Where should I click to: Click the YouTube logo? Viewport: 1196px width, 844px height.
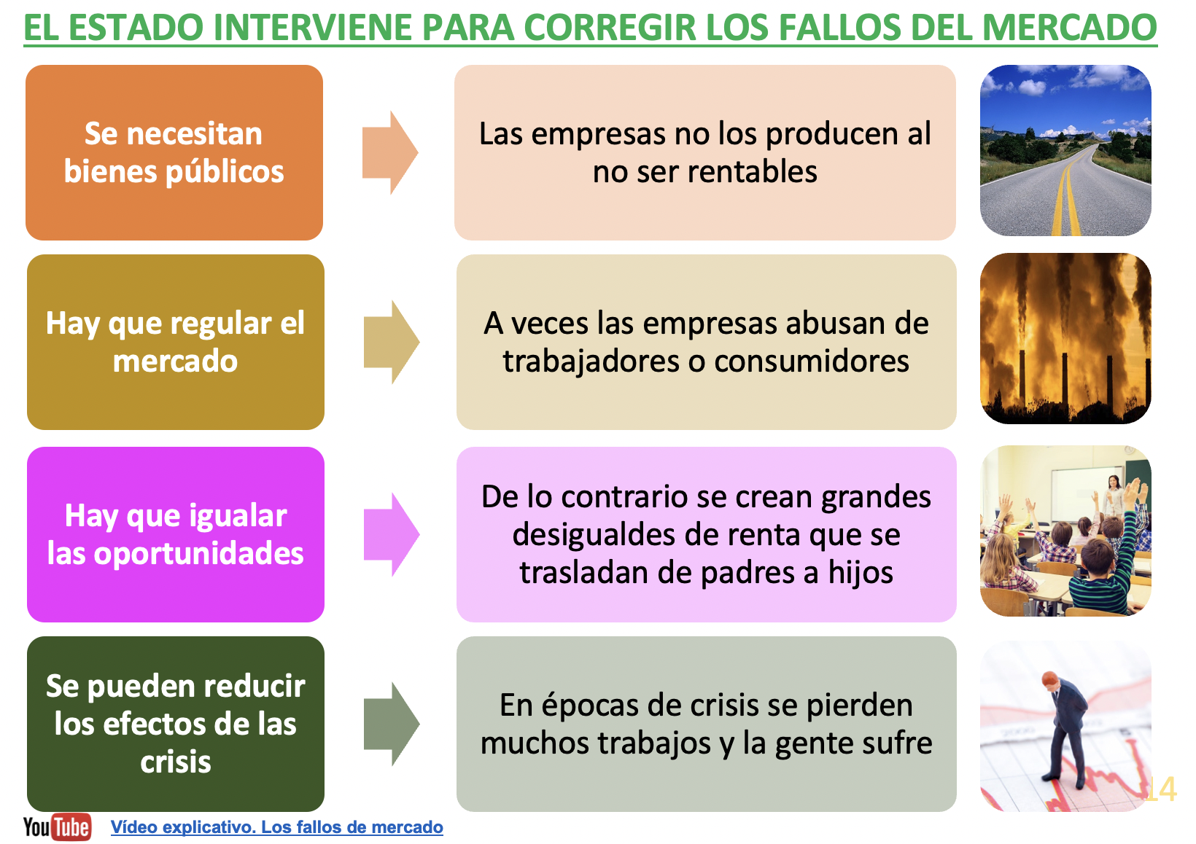57,827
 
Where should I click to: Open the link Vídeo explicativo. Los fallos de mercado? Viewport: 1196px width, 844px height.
276,827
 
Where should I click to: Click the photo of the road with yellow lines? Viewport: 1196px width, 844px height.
1065,151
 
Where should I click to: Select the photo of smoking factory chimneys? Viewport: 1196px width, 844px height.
1065,339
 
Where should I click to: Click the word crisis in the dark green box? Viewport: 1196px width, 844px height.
176,762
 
